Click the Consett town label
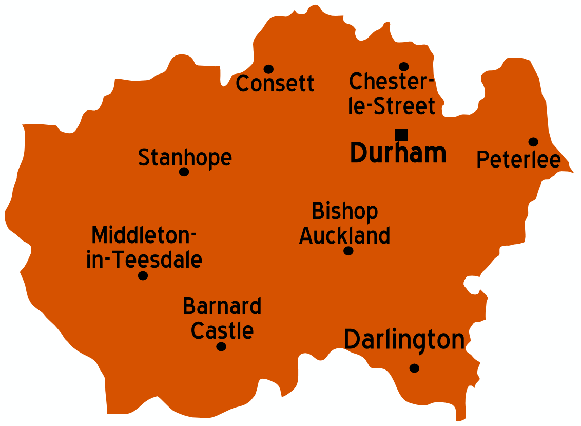point(275,83)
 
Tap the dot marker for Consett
point(268,69)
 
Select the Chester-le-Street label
point(392,94)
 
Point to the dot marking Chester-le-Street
point(404,67)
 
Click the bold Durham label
point(398,153)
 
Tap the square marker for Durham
point(401,135)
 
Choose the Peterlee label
point(518,159)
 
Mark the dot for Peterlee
point(533,142)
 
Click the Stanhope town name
point(185,157)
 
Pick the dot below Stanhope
point(184,172)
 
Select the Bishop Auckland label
point(345,224)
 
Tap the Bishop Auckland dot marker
point(348,251)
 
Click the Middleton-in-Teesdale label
point(144,248)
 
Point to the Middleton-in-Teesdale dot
point(143,275)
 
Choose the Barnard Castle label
point(222,319)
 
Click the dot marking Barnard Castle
point(221,346)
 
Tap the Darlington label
point(404,340)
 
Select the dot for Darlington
point(414,368)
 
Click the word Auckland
point(345,236)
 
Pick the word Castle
point(222,331)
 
